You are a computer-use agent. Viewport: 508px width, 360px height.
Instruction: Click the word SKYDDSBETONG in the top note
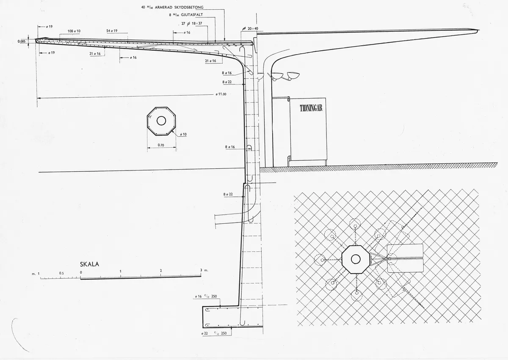189,7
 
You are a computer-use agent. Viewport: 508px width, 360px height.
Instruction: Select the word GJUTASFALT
192,15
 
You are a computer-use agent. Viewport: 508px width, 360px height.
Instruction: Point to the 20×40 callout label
253,28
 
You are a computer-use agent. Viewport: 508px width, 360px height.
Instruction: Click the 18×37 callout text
197,23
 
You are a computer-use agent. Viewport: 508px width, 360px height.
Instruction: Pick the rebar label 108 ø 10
74,31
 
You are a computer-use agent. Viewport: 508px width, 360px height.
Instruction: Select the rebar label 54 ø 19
112,30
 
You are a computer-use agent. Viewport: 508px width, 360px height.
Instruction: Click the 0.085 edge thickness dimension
22,41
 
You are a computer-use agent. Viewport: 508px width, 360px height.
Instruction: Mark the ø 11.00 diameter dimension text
221,94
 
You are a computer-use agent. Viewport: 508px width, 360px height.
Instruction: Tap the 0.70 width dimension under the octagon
161,145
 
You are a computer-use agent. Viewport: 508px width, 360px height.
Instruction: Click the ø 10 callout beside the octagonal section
183,135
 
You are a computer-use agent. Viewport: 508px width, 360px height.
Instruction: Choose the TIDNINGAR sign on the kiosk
311,108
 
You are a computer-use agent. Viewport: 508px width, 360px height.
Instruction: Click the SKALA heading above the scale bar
89,264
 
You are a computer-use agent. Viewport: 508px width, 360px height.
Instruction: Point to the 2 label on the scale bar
161,270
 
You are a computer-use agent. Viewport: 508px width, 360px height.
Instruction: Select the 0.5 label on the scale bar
61,273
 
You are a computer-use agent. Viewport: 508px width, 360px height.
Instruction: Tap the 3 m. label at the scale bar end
204,270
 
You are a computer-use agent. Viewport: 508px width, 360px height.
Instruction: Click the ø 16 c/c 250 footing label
206,296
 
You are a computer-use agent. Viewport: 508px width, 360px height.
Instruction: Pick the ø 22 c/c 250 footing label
214,333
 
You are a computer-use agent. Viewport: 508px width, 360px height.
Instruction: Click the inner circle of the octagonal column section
161,121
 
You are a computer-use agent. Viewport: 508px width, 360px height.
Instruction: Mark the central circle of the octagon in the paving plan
355,259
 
